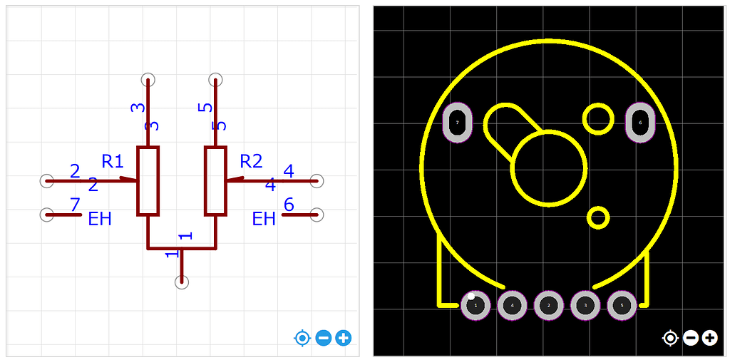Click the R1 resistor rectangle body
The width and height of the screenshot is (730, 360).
click(148, 180)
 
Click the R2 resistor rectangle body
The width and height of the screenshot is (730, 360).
click(215, 180)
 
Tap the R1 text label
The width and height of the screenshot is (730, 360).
click(113, 161)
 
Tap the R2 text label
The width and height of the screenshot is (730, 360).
click(251, 161)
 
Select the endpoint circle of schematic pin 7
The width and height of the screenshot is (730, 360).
click(46, 214)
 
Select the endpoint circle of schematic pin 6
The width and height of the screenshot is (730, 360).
click(317, 214)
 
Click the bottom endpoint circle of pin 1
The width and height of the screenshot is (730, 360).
click(182, 282)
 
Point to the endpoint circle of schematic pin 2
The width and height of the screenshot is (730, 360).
click(46, 181)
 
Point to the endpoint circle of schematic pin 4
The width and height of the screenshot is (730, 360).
click(317, 181)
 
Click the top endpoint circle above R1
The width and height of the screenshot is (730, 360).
click(148, 79)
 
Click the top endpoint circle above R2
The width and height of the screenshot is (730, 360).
click(215, 79)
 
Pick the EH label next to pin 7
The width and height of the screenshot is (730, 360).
click(100, 219)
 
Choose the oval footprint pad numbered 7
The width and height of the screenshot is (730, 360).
click(458, 123)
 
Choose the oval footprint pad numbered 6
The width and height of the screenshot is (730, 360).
click(640, 123)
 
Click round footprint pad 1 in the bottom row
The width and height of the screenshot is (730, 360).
click(475, 306)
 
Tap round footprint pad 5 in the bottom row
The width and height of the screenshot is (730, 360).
click(622, 306)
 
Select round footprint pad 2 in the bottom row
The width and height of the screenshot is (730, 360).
click(548, 306)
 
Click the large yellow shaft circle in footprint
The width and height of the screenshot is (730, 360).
click(549, 168)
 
